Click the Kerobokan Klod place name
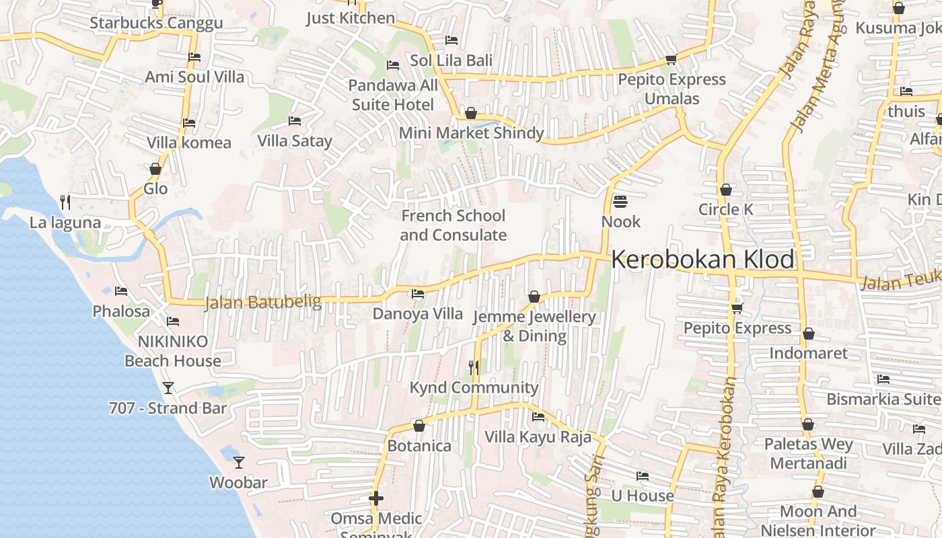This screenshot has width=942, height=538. coord(703,260)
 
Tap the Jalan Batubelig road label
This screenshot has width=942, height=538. coord(263,303)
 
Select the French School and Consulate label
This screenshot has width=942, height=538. coord(453,225)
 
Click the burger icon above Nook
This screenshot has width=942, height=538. coord(620,202)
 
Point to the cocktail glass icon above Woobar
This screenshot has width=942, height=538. coord(238,463)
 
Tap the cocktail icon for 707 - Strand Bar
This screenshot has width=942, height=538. coord(168,388)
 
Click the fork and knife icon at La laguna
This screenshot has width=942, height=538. coord(65,202)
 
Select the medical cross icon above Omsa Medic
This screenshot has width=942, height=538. coord(376,498)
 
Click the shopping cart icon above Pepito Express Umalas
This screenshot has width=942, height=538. coord(671,60)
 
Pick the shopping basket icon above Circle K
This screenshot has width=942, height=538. coord(725,190)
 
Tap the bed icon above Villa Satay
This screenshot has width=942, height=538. coord(295,121)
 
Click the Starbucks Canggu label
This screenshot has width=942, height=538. coord(156,24)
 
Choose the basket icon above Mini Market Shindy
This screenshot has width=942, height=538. coord(471,113)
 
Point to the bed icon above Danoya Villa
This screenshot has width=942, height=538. coord(418,294)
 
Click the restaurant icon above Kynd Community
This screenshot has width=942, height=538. coord(474,367)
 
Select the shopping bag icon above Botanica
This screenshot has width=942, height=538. coord(419,426)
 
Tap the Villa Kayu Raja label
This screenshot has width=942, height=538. coord(538,437)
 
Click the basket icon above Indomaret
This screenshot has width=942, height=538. coord(809,334)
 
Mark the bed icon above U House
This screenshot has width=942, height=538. coord(643,476)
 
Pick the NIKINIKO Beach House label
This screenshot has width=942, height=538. coord(173,351)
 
